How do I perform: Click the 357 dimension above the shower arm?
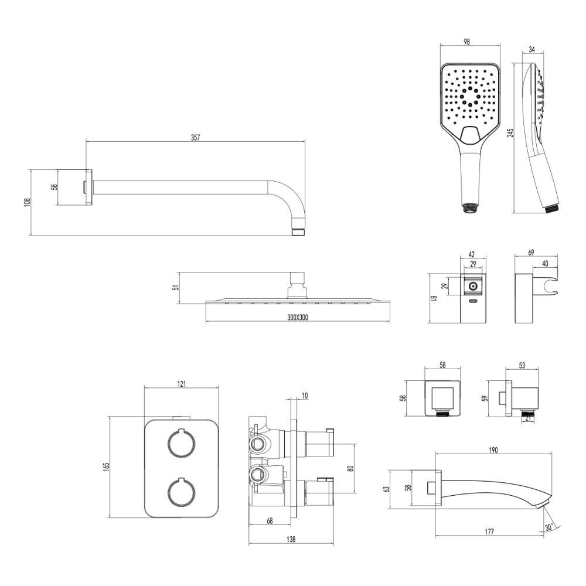[x=195, y=138]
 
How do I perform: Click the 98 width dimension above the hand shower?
[x=466, y=42]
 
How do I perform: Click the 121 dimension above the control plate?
[x=182, y=384]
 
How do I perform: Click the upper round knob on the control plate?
[x=180, y=443]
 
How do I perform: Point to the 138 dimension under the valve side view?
[x=291, y=539]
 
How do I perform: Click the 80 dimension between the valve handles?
[x=350, y=469]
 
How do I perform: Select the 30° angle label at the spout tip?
[x=549, y=527]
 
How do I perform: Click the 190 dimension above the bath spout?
[x=493, y=450]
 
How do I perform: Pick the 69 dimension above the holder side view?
[x=531, y=253]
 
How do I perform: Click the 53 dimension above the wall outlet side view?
[x=522, y=365]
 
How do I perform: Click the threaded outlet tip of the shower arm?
[x=298, y=232]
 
